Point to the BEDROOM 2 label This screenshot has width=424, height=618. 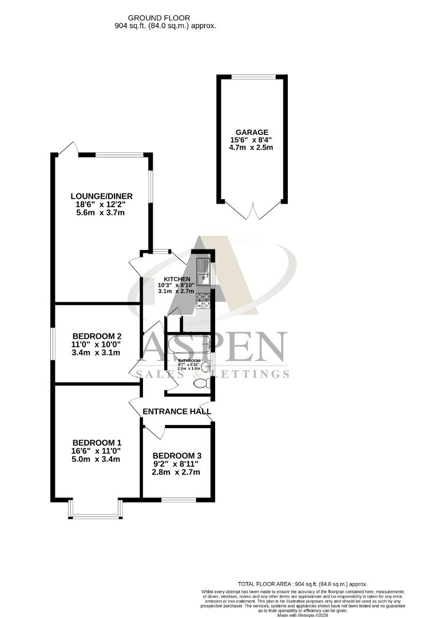click(97, 336)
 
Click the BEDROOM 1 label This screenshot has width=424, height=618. click(97, 442)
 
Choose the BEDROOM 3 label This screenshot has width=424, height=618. click(177, 456)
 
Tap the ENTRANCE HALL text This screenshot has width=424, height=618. click(176, 411)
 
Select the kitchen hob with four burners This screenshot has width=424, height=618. click(203, 301)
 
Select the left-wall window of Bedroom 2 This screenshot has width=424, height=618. click(54, 343)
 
